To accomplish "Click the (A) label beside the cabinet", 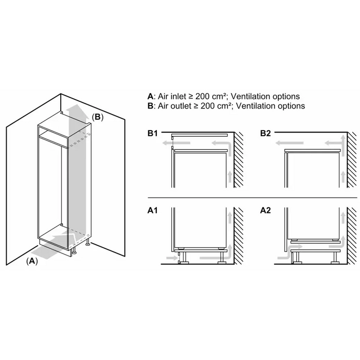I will point(32,261).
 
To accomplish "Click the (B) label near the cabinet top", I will point(97,117).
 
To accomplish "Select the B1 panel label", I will point(153,134).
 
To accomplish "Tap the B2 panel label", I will point(265,134).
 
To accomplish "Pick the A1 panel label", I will point(153,211).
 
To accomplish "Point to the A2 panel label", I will point(265,211).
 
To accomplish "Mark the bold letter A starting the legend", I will point(150,96).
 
